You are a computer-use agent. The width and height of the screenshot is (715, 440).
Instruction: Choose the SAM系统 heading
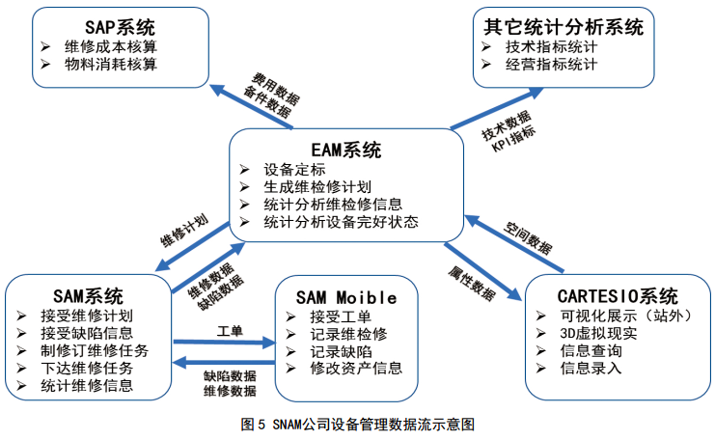pos(87,295)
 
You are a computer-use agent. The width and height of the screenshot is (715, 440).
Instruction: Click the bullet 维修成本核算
pos(112,46)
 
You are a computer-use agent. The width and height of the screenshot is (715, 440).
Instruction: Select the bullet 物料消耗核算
pos(112,65)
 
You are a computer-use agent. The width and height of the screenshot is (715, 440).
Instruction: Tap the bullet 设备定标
pos(294,170)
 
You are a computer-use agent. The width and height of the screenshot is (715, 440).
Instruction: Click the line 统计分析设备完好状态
pos(341,222)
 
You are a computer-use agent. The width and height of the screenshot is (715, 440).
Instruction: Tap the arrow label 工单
pos(230,331)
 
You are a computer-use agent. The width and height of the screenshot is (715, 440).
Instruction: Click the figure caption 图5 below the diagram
pos(357,425)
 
